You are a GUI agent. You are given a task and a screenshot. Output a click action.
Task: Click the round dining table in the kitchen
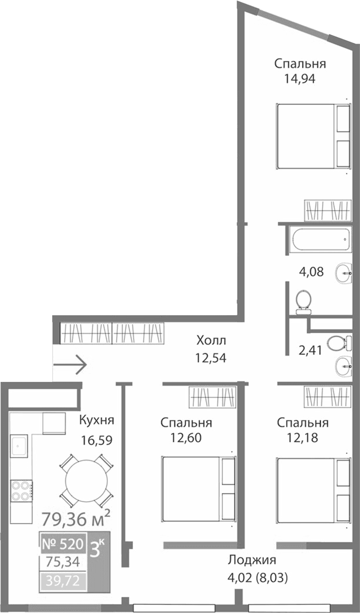tap(86, 480)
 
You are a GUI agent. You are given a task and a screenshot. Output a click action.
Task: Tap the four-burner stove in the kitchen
tap(21, 490)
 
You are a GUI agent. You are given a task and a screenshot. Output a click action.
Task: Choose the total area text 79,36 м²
tap(76, 519)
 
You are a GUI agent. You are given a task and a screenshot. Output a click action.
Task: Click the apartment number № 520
tap(63, 545)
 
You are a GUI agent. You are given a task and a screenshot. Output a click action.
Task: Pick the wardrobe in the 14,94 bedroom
tap(328, 210)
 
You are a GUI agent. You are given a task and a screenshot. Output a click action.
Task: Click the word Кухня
tap(96, 420)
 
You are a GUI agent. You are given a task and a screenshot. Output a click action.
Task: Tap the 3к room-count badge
tap(98, 550)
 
